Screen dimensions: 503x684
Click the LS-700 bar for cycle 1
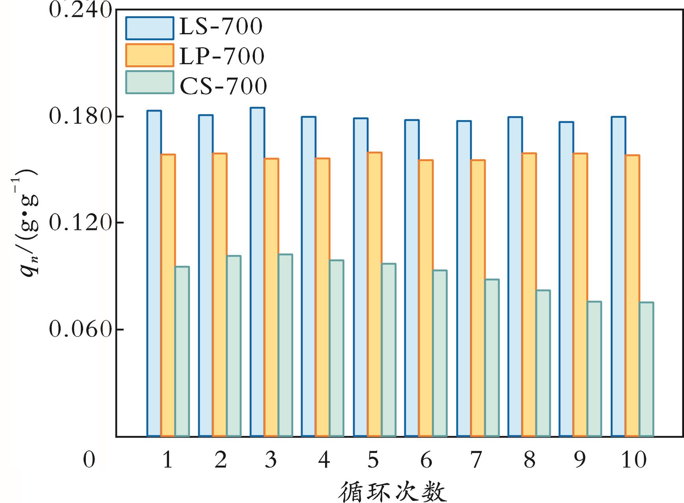click(x=154, y=273)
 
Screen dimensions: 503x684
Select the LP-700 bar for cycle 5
click(x=375, y=294)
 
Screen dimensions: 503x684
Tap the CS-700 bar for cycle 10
click(x=647, y=369)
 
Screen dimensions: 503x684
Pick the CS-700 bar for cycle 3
click(x=285, y=345)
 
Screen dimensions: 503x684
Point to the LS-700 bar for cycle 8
click(x=515, y=277)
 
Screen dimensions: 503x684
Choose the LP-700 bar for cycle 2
click(x=220, y=295)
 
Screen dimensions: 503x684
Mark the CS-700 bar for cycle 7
click(x=492, y=358)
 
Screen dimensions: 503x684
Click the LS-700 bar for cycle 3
click(x=257, y=272)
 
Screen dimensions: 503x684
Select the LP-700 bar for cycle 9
click(x=580, y=295)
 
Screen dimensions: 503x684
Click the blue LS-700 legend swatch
click(x=150, y=28)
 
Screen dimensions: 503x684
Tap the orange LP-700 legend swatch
click(x=150, y=55)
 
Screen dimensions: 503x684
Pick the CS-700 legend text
click(x=223, y=86)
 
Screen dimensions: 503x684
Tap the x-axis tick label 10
click(x=634, y=459)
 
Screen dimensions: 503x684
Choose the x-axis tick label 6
click(x=426, y=459)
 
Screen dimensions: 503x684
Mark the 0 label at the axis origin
click(x=89, y=459)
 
